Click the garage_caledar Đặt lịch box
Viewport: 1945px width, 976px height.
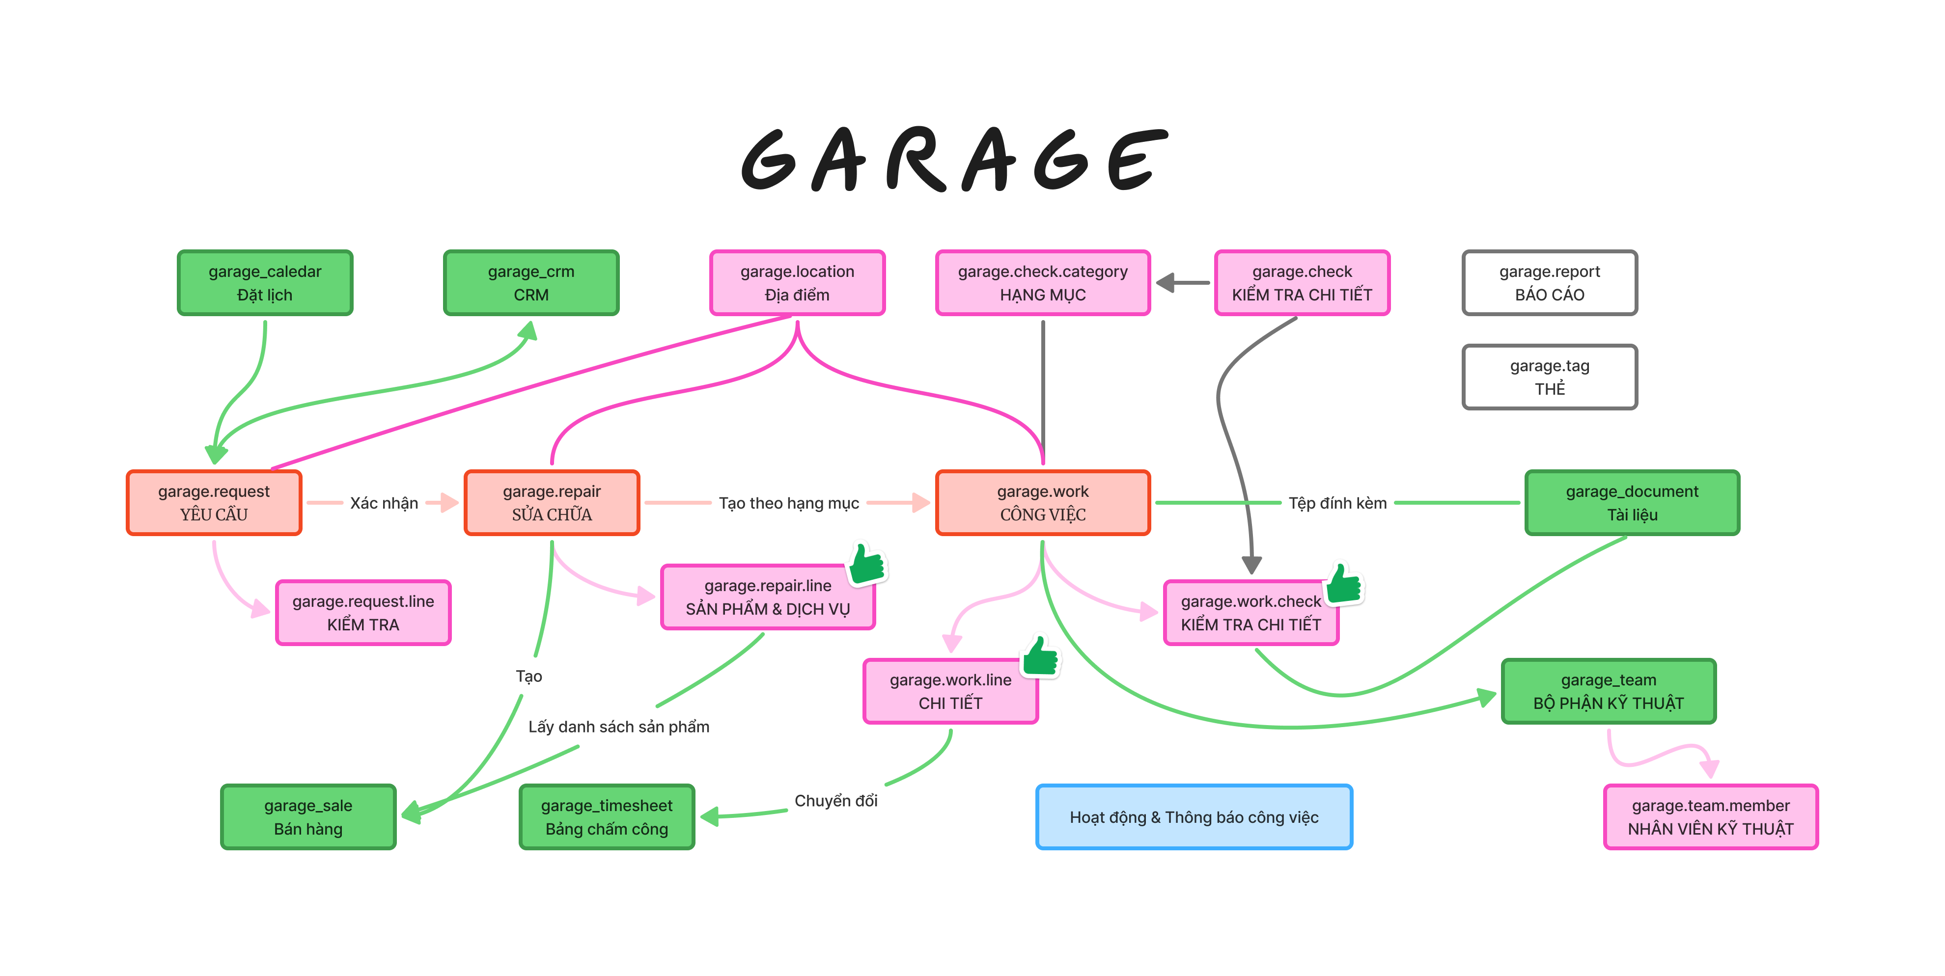(265, 283)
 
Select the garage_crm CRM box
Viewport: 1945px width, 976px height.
(531, 283)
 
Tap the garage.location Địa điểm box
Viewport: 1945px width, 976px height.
(797, 283)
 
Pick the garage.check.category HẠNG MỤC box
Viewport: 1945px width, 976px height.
(1043, 283)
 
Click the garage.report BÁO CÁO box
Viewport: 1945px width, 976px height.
(1549, 283)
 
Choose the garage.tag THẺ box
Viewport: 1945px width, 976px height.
(1549, 378)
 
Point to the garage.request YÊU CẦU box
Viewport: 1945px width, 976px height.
(214, 503)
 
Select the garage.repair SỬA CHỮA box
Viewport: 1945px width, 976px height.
(552, 503)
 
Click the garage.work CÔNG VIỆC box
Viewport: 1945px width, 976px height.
(1043, 503)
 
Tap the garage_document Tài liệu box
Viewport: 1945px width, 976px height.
(1632, 503)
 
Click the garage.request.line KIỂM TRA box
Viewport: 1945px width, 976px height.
(363, 613)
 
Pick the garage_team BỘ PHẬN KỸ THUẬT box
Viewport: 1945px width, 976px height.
(1608, 691)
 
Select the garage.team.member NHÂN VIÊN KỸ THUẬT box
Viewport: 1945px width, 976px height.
(1710, 817)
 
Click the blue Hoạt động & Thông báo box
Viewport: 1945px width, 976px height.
(1194, 817)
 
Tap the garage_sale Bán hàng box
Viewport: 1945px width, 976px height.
(308, 817)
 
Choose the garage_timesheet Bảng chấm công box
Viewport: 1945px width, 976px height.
(606, 817)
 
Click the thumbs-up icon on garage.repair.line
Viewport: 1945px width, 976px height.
(867, 563)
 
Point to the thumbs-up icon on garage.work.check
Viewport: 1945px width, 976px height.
(1345, 583)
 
